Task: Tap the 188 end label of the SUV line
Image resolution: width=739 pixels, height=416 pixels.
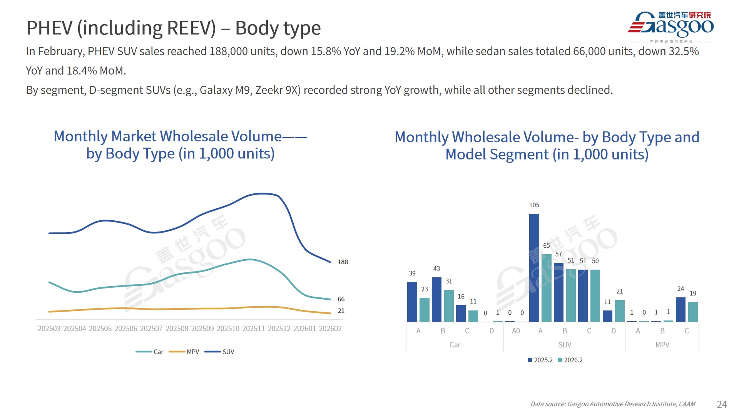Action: pyautogui.click(x=343, y=262)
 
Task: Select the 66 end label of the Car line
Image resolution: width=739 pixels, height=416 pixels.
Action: pyautogui.click(x=341, y=299)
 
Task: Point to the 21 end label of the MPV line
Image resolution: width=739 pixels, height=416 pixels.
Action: pyautogui.click(x=341, y=311)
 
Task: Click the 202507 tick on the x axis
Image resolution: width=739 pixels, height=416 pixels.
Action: pyautogui.click(x=151, y=329)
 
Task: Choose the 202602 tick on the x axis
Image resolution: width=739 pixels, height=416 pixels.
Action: pyautogui.click(x=330, y=329)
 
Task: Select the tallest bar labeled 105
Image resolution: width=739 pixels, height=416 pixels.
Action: pyautogui.click(x=534, y=268)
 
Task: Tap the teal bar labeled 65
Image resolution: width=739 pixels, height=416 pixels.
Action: pyautogui.click(x=547, y=288)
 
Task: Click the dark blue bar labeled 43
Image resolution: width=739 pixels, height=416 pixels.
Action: pyautogui.click(x=436, y=300)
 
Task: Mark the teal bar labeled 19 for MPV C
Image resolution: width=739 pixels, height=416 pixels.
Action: pyautogui.click(x=693, y=312)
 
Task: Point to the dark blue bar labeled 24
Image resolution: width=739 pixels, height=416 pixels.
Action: pyautogui.click(x=680, y=309)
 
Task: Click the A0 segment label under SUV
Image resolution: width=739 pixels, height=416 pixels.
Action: pyautogui.click(x=516, y=331)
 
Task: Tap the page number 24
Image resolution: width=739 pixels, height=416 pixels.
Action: pyautogui.click(x=722, y=404)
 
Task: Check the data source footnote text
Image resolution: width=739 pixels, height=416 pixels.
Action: pyautogui.click(x=613, y=404)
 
